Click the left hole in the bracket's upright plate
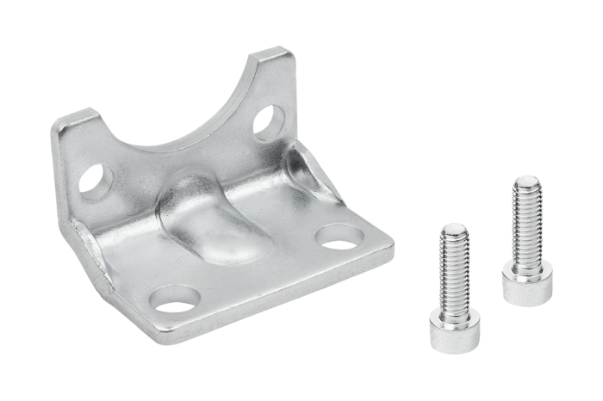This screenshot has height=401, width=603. point(95,181)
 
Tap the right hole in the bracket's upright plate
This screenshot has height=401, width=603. point(264,118)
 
